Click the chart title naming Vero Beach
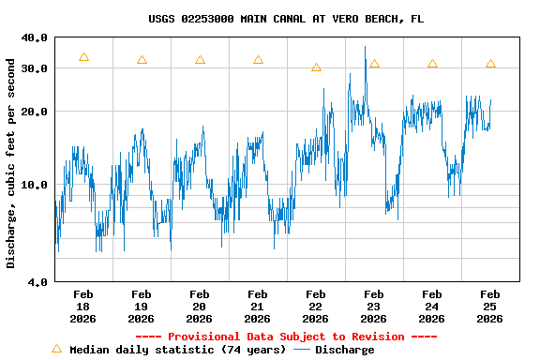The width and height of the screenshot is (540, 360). pos(286,19)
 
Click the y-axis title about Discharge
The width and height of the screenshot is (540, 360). pos(11,163)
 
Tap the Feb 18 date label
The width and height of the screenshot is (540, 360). pos(82,307)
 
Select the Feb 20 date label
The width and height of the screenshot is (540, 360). pos(199,307)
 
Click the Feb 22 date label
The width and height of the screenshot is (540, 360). pos(315,307)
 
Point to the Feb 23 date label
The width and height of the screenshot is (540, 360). pos(373,307)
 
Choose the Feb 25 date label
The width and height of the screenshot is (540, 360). pos(489,307)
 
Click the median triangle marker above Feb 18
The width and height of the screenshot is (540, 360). pos(83,58)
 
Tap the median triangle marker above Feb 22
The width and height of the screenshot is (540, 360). pos(316,67)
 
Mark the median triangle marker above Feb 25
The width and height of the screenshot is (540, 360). pos(490,64)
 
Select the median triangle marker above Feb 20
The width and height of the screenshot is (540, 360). pos(200,60)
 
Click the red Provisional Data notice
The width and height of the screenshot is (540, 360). pos(286,337)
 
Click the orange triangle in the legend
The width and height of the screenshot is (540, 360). pos(56,349)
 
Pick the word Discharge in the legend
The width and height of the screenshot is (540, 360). pos(344,350)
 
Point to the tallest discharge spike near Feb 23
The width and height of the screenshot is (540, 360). pos(366,47)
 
